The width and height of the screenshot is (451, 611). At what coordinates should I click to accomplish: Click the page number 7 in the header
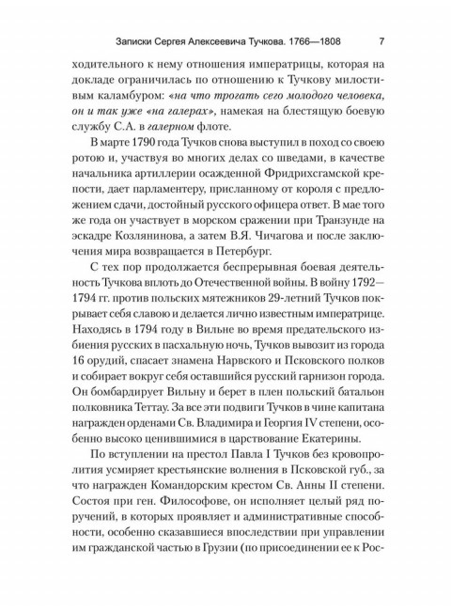tap(381, 41)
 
